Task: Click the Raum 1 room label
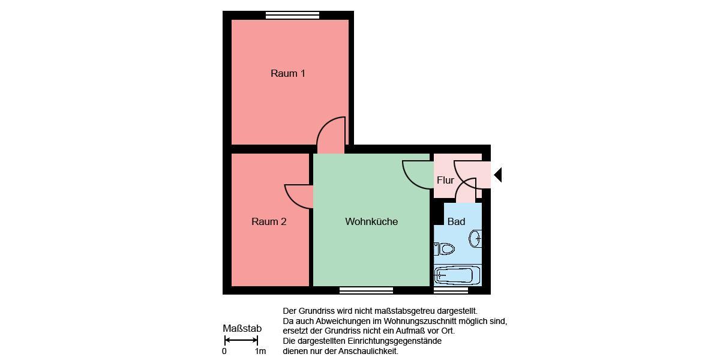tap(288, 74)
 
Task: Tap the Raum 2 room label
tap(269, 221)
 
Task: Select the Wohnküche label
tap(371, 221)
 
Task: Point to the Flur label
tap(445, 180)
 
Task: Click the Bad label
tap(456, 221)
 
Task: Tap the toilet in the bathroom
tap(445, 248)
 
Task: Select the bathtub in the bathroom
tap(457, 275)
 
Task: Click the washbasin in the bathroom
tap(475, 238)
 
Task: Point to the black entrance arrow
tap(497, 175)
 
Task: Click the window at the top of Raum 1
tap(293, 16)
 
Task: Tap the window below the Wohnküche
tap(366, 290)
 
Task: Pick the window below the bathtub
tap(451, 290)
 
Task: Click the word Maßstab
tap(242, 328)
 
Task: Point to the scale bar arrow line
tap(241, 340)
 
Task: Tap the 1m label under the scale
tap(260, 351)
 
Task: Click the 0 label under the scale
tap(224, 351)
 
